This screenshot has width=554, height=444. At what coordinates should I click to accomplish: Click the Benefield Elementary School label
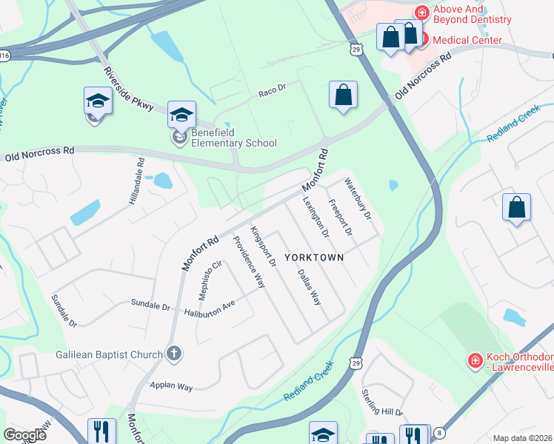(x=233, y=138)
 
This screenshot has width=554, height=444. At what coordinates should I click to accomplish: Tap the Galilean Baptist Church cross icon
(x=173, y=354)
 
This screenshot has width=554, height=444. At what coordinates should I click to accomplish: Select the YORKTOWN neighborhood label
(x=315, y=258)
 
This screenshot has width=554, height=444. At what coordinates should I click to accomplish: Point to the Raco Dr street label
(x=272, y=93)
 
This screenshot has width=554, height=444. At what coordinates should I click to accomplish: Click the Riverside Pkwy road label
(x=129, y=89)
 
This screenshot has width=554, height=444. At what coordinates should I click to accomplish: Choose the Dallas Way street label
(x=308, y=287)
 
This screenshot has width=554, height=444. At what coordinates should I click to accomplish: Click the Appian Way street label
(x=171, y=386)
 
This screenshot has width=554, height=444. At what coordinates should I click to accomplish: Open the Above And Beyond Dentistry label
(x=472, y=14)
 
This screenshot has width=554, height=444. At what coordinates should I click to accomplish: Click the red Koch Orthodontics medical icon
(x=475, y=360)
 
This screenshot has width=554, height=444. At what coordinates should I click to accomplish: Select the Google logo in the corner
(x=25, y=435)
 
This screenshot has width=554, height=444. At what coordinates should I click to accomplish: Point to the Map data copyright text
(x=522, y=438)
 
